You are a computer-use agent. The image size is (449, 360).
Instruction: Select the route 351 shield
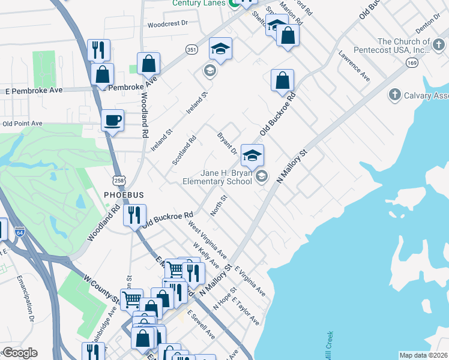[191, 49]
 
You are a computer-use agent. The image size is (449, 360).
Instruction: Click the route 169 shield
[411, 62]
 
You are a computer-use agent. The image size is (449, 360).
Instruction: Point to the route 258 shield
[118, 179]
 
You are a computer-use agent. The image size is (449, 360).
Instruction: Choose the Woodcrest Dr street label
[168, 25]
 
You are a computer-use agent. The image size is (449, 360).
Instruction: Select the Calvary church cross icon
[394, 95]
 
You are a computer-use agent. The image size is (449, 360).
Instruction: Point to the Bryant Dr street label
[228, 143]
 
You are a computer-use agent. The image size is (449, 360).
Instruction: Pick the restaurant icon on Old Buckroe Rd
[134, 215]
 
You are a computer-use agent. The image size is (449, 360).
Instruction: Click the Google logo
[20, 353]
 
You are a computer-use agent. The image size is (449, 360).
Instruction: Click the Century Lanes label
[198, 3]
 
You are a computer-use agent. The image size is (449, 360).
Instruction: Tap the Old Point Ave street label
[22, 124]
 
